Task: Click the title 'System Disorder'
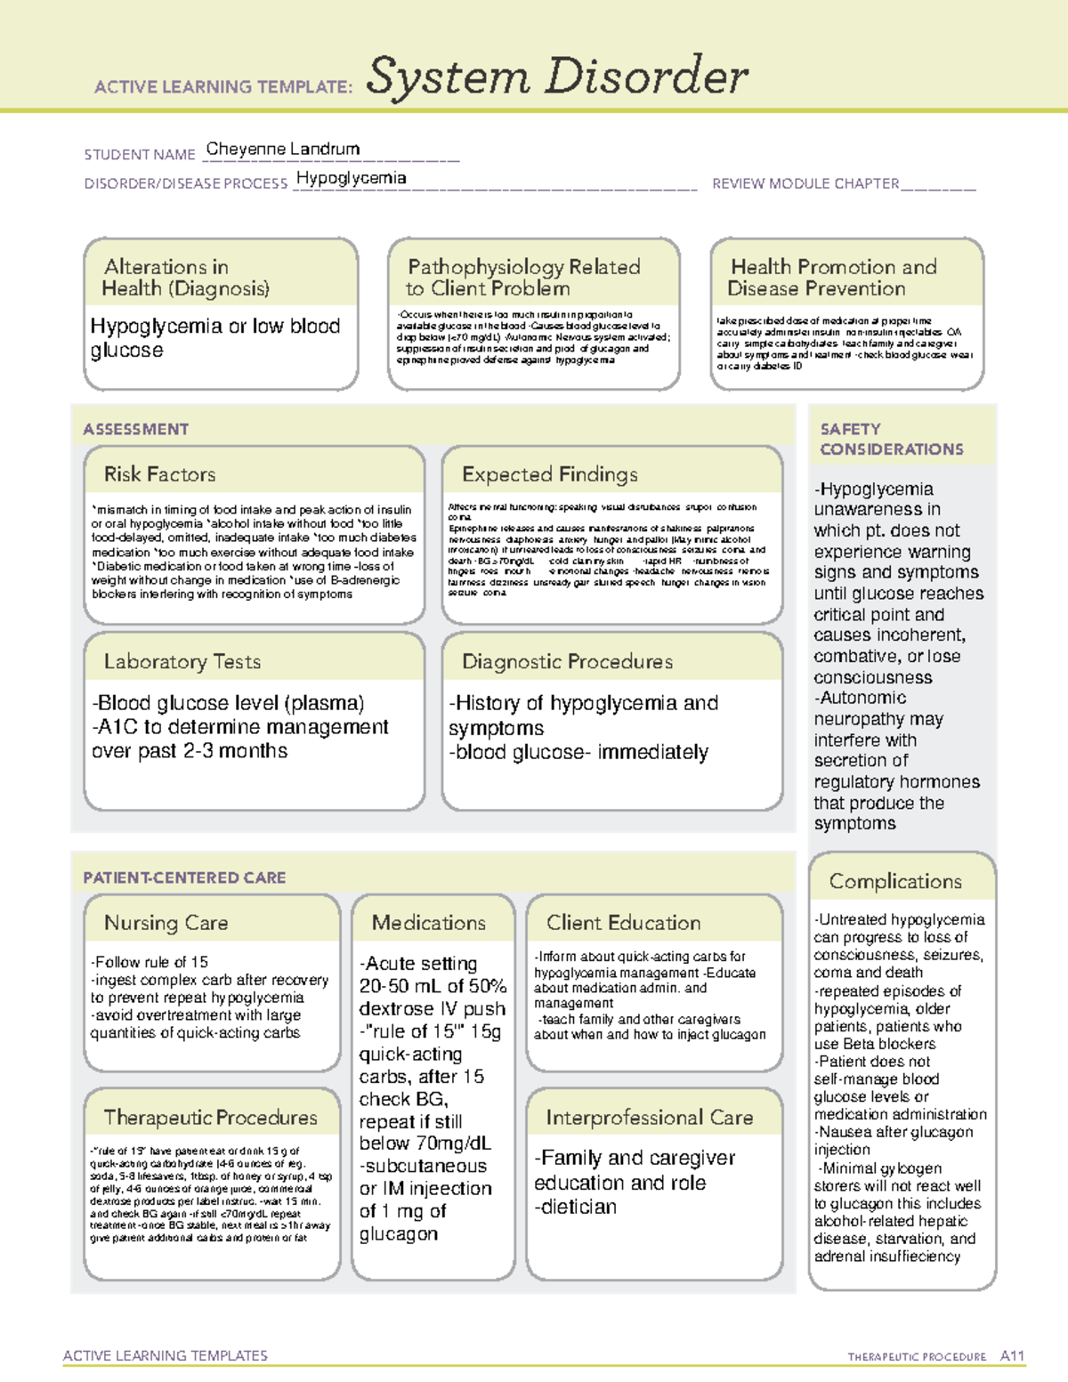point(557,77)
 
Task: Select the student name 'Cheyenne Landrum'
point(283,149)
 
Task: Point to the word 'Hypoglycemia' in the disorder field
point(351,178)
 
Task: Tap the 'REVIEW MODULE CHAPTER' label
point(805,183)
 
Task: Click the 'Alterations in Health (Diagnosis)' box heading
point(186,278)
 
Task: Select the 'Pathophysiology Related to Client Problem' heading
point(523,278)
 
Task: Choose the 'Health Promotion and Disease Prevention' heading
point(833,278)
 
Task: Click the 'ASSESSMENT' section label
point(136,429)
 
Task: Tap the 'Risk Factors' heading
point(160,474)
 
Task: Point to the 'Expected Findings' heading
point(550,474)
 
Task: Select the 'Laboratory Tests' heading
point(182,661)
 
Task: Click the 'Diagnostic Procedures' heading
point(567,661)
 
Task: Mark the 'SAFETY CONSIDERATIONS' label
point(891,439)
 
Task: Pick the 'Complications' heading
point(895,881)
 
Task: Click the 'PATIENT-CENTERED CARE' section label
point(185,877)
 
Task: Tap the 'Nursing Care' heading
point(166,923)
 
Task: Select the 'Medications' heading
point(429,923)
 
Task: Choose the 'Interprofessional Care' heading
point(650,1117)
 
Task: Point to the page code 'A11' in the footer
point(1012,1355)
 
